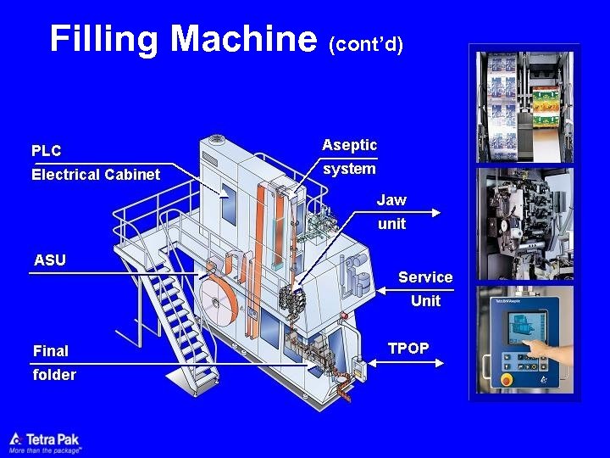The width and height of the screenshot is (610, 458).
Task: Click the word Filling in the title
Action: pos(105,39)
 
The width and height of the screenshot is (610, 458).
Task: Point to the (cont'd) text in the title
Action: pos(365,43)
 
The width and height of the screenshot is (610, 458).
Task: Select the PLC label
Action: pos(46,151)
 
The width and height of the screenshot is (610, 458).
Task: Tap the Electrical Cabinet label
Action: pos(95,175)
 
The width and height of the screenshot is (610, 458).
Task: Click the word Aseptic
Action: pos(349,145)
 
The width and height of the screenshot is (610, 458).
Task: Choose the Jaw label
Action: pos(391,200)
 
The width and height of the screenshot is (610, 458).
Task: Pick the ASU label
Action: pos(49,260)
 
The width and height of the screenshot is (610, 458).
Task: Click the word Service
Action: pos(425,277)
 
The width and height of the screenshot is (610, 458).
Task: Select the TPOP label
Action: pos(408,348)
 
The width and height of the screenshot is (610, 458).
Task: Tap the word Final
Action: pos(51,350)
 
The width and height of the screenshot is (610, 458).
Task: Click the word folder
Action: pos(54,374)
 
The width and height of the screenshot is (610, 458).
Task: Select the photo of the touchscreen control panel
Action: pos(525,339)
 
